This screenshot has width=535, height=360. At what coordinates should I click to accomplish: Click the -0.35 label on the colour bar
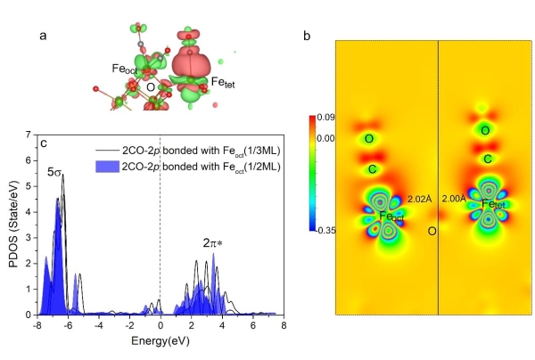tap(325, 230)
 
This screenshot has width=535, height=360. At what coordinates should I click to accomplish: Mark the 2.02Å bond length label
tap(418, 200)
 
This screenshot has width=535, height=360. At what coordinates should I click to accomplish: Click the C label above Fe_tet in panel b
tap(488, 159)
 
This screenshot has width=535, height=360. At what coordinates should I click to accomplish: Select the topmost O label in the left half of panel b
tap(370, 139)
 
